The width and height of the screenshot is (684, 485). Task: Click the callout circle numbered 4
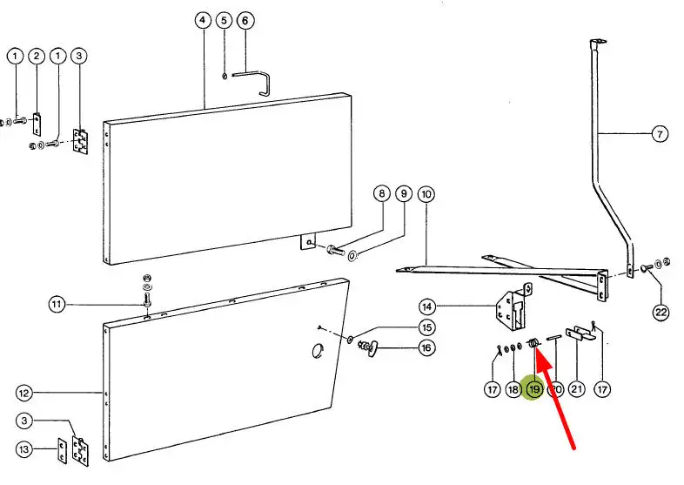pyautogui.click(x=204, y=19)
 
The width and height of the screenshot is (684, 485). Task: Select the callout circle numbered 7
pyautogui.click(x=661, y=135)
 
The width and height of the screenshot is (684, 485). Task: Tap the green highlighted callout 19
pyautogui.click(x=534, y=390)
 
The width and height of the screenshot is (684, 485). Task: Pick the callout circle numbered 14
pyautogui.click(x=426, y=306)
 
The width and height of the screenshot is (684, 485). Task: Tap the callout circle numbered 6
pyautogui.click(x=244, y=19)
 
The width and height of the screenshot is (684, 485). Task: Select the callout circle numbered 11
pyautogui.click(x=57, y=304)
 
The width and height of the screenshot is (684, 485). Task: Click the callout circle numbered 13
pyautogui.click(x=25, y=449)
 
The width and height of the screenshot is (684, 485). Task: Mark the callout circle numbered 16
pyautogui.click(x=426, y=349)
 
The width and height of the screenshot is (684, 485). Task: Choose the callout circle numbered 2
pyautogui.click(x=37, y=57)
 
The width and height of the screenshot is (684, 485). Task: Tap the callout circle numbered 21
pyautogui.click(x=576, y=390)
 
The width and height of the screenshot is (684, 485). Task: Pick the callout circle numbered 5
pyautogui.click(x=224, y=19)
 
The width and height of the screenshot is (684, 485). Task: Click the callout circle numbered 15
pyautogui.click(x=426, y=327)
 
